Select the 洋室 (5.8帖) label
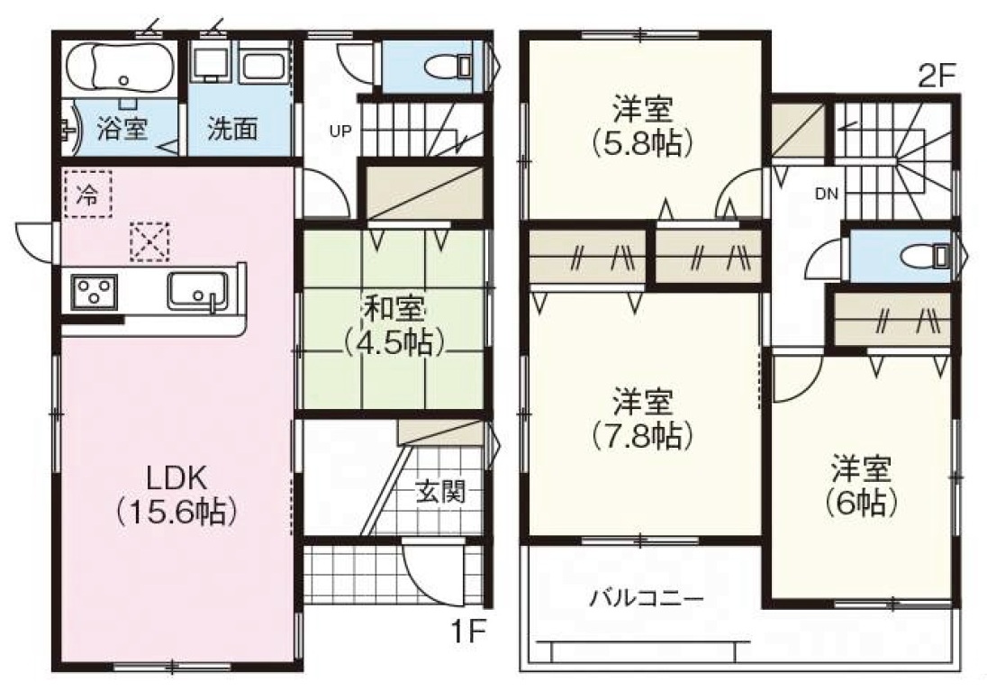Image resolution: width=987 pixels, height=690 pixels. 643,126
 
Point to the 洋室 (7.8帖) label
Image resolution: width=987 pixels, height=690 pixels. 643,418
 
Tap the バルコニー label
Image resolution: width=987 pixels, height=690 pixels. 647,597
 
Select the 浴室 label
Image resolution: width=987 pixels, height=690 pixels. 122,129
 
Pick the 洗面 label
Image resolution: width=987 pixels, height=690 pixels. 232,129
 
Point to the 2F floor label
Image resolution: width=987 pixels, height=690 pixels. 937,77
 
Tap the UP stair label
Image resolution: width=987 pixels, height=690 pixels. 340,132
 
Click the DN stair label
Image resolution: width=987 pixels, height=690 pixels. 827,194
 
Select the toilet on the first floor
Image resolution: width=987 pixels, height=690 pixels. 448,66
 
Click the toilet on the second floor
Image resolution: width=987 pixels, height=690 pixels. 926,256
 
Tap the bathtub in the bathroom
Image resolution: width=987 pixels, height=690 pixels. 120,68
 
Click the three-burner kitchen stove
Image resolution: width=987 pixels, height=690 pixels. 94,292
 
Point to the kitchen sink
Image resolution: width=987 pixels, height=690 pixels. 197,290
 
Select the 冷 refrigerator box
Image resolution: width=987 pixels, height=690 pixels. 86,194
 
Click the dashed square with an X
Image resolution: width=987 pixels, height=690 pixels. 149,241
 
